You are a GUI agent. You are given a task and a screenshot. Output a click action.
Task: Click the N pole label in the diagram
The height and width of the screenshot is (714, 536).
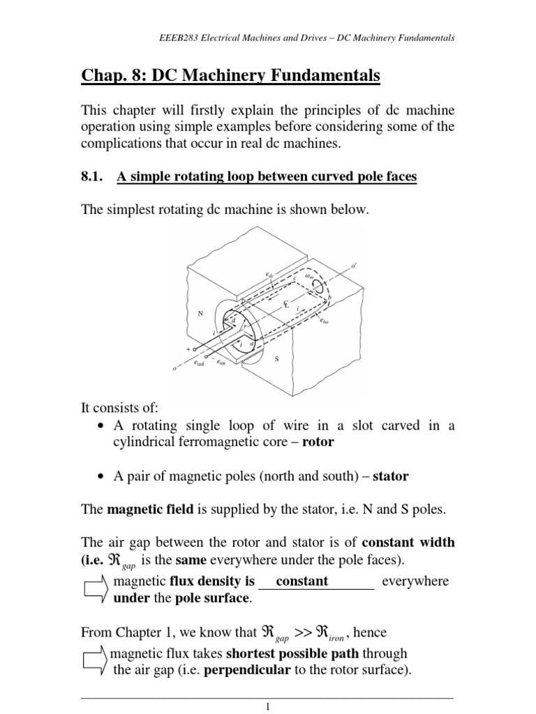pos(200,314)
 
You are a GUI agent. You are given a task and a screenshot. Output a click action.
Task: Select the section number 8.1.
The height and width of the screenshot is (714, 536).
pos(94,177)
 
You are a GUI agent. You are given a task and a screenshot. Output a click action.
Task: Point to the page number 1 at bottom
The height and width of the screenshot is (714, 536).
pos(267,706)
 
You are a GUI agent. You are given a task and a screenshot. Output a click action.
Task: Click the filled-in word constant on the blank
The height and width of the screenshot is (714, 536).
pos(301,581)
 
